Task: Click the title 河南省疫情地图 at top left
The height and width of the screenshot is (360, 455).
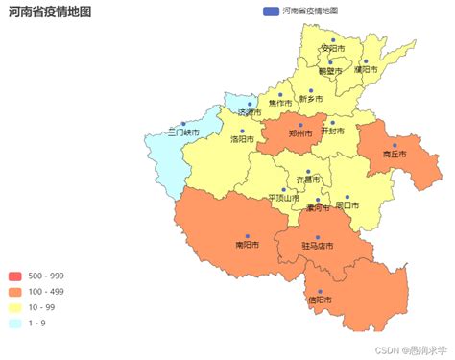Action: click(x=50, y=12)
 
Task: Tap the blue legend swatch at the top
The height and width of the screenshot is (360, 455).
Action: click(x=270, y=11)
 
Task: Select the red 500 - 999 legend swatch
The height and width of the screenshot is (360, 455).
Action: click(x=16, y=276)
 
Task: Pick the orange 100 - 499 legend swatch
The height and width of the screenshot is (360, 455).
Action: click(x=16, y=292)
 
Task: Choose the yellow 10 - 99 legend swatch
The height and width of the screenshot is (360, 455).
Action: click(x=16, y=307)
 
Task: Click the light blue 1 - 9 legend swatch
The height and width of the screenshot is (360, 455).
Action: click(x=16, y=323)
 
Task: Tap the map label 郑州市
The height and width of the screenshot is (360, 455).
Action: click(x=300, y=133)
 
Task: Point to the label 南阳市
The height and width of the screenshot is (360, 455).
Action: click(x=247, y=245)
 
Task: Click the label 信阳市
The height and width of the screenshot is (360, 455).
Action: click(x=321, y=300)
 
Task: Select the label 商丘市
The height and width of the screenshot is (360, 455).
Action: click(x=395, y=154)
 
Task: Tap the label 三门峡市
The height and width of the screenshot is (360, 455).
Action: click(x=183, y=132)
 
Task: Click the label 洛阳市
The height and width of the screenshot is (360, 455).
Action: click(x=242, y=139)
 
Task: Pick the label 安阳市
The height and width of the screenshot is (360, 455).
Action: click(x=332, y=48)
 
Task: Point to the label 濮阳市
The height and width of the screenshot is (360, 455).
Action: click(x=366, y=69)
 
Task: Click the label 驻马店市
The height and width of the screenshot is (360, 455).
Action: click(x=317, y=246)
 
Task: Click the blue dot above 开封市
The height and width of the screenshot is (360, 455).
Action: click(x=331, y=122)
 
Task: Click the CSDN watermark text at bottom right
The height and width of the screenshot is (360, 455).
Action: click(x=411, y=351)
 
